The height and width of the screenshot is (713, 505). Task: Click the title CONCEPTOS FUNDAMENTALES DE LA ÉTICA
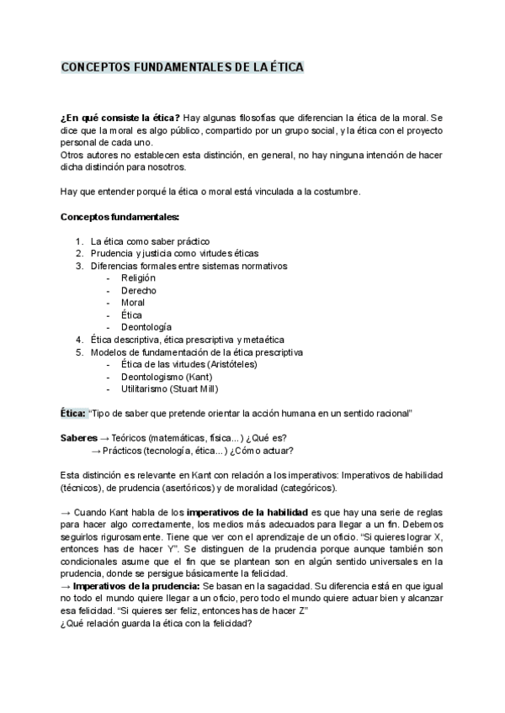tap(183, 67)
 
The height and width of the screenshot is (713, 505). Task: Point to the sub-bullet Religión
tap(139, 277)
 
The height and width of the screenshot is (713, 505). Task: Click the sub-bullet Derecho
tap(138, 290)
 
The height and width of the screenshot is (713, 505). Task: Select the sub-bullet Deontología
tap(146, 326)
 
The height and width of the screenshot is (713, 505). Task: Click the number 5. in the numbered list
tap(79, 351)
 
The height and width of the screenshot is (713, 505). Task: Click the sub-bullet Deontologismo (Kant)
tap(166, 376)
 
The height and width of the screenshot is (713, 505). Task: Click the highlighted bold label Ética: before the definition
tap(73, 414)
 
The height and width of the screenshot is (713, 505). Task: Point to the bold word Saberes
tap(78, 438)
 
